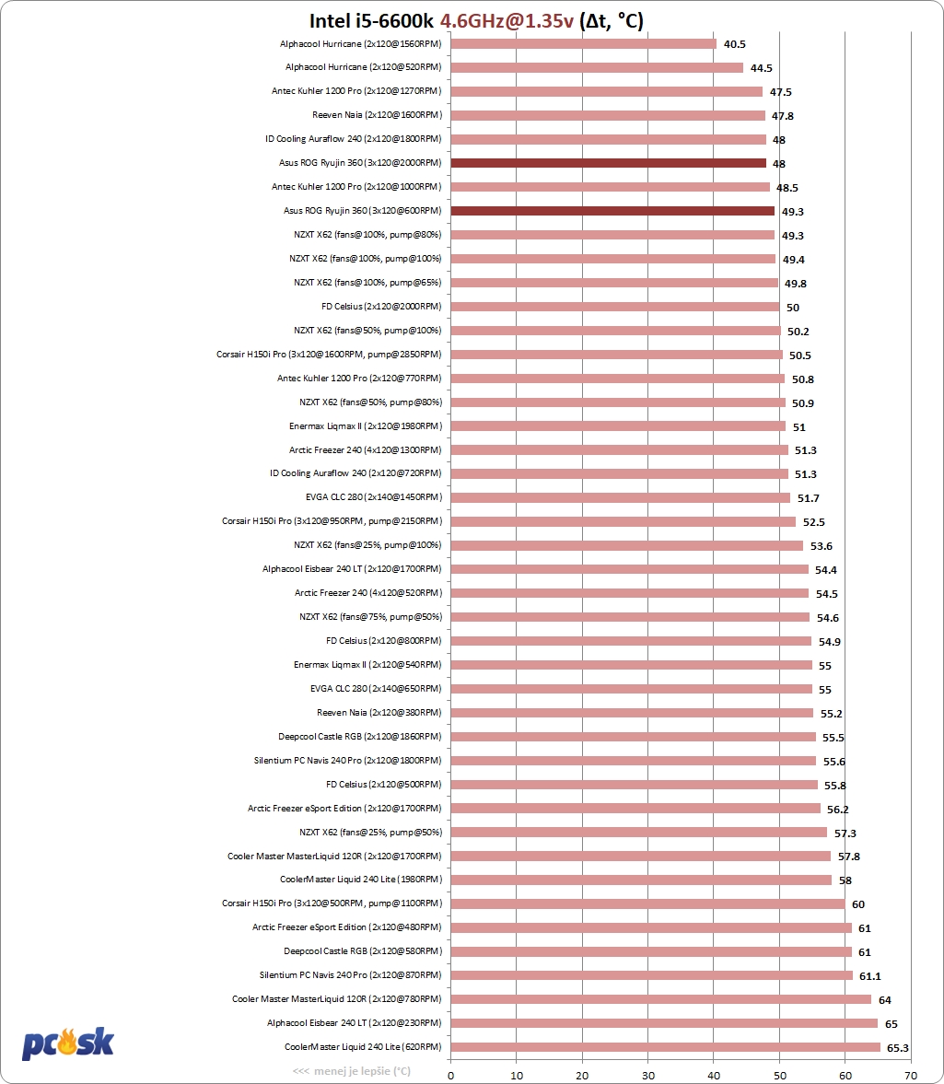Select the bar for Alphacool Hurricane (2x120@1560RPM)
[x=583, y=43]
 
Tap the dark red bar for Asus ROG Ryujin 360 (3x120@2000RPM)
[x=608, y=163]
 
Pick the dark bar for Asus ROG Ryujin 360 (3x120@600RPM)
[x=612, y=211]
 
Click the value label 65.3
[x=898, y=1047]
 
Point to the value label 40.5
[x=735, y=43]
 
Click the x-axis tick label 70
[x=911, y=1074]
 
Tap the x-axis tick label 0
[x=450, y=1074]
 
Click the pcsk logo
[x=67, y=1043]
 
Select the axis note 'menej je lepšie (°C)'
[x=352, y=1071]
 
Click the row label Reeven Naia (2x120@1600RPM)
[x=377, y=115]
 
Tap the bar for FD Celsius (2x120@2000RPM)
[x=614, y=307]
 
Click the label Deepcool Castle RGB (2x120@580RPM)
[x=362, y=951]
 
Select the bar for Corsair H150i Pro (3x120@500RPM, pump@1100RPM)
[x=647, y=903]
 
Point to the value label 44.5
[x=761, y=67]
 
